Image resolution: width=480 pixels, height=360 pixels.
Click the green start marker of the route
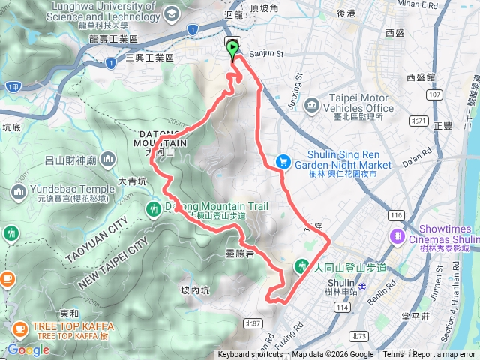pos(232,50)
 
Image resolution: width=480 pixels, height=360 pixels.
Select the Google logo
pos(28,349)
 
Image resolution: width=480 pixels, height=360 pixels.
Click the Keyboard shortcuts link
pos(250,355)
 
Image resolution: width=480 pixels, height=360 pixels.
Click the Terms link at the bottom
pos(393,355)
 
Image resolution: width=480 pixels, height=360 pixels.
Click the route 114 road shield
pos(343,308)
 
